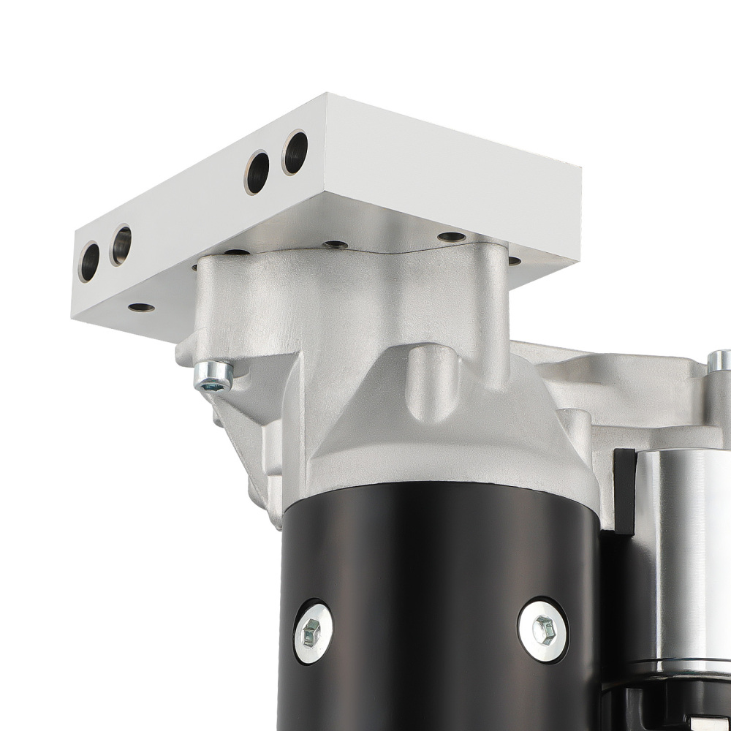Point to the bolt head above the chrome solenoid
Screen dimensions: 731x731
coord(719,360)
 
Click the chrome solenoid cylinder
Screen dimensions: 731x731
coord(683,556)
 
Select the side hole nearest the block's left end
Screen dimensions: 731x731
coord(89,262)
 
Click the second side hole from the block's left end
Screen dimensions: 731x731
coord(121,245)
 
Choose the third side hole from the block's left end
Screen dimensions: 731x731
coord(257,172)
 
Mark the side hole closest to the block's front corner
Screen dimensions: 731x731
coord(295,152)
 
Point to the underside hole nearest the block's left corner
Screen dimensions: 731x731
coord(140,308)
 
